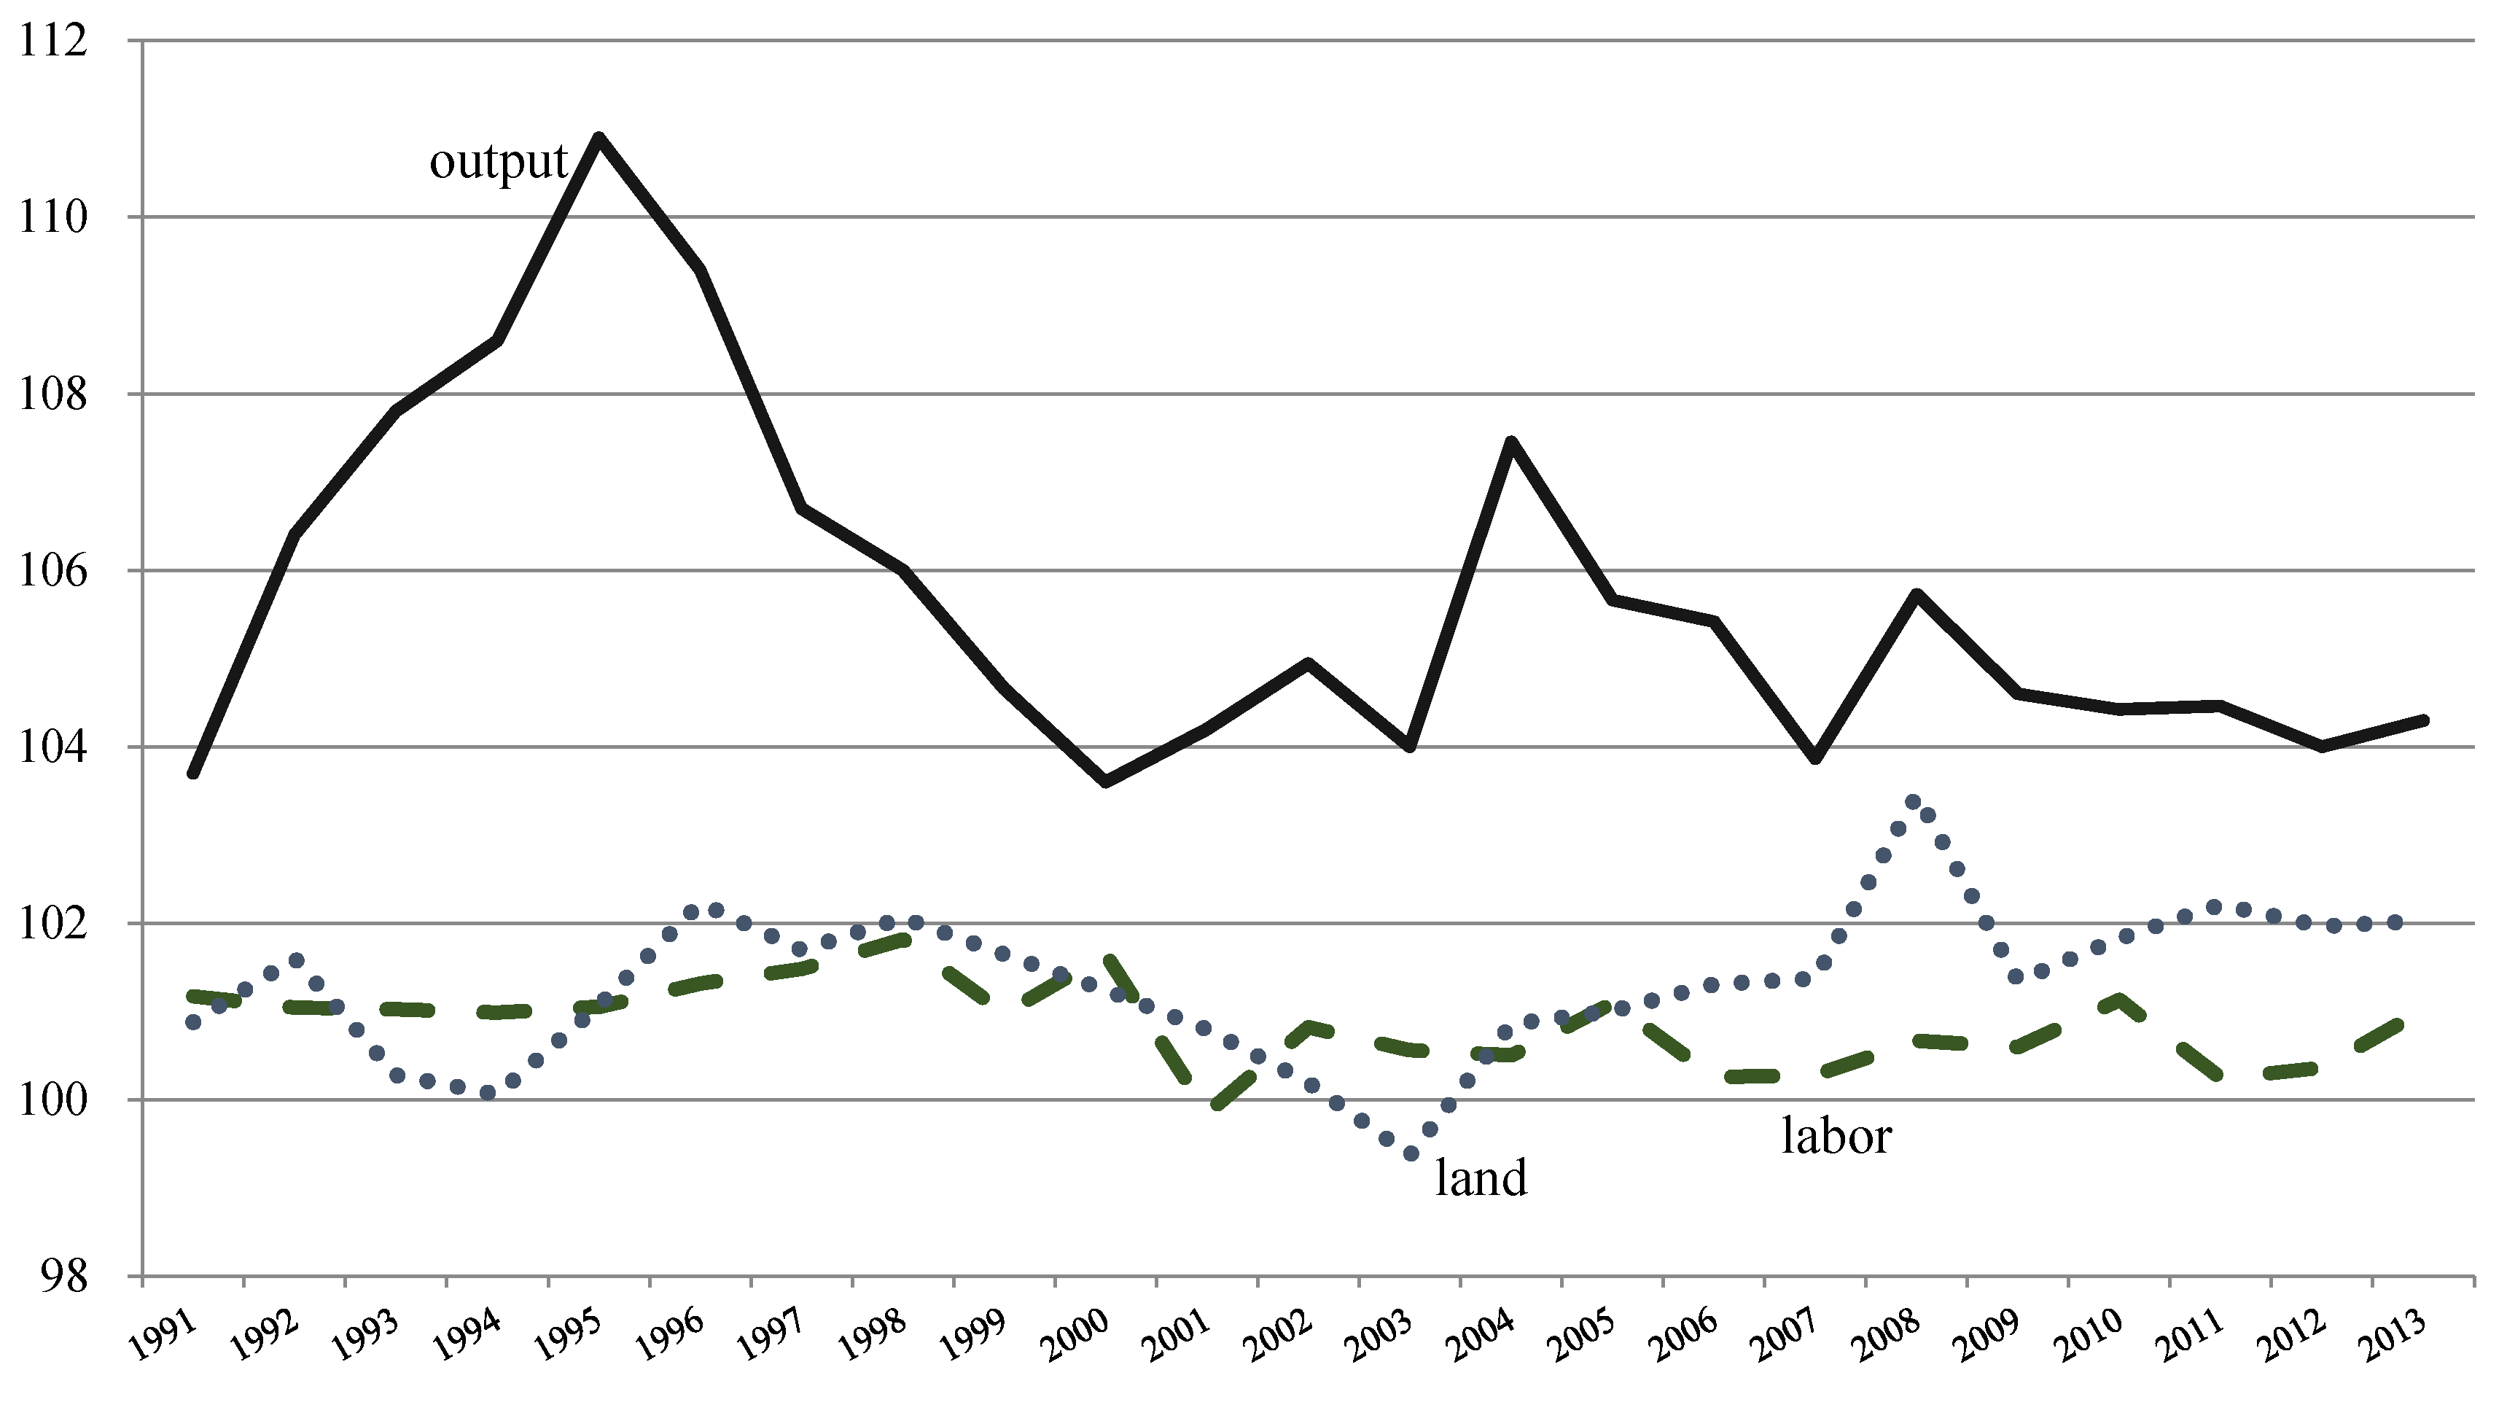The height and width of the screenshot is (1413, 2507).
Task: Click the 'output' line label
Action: click(499, 163)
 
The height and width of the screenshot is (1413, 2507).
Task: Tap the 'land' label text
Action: click(1481, 1178)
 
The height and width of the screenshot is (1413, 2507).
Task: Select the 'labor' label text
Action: click(1836, 1136)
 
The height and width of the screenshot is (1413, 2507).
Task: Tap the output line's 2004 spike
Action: click(1510, 443)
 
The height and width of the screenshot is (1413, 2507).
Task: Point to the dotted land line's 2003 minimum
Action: click(1410, 1154)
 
